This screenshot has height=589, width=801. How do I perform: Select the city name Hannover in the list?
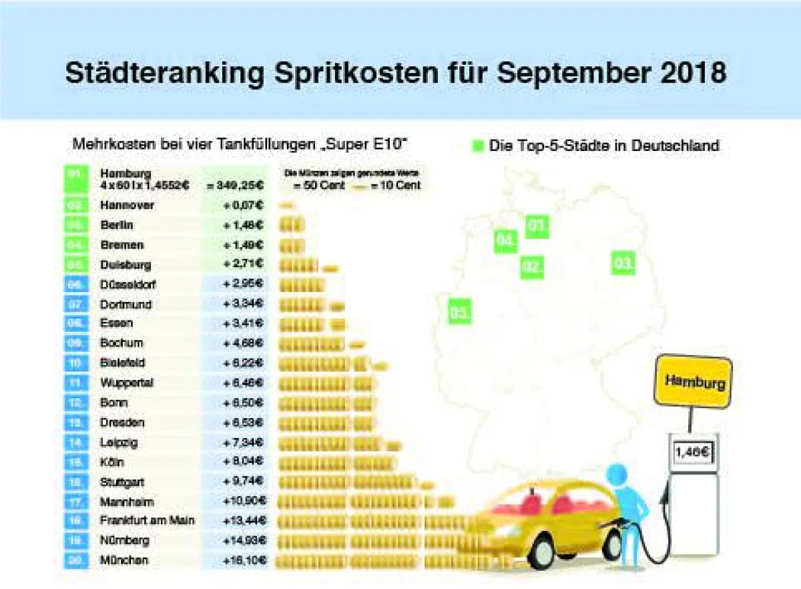click(x=127, y=205)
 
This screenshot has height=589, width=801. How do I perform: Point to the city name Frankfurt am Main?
click(x=148, y=520)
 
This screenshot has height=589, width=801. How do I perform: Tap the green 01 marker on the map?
click(x=537, y=227)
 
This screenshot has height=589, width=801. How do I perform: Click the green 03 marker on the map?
click(x=623, y=264)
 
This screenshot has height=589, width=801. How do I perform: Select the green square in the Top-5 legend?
click(x=477, y=146)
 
